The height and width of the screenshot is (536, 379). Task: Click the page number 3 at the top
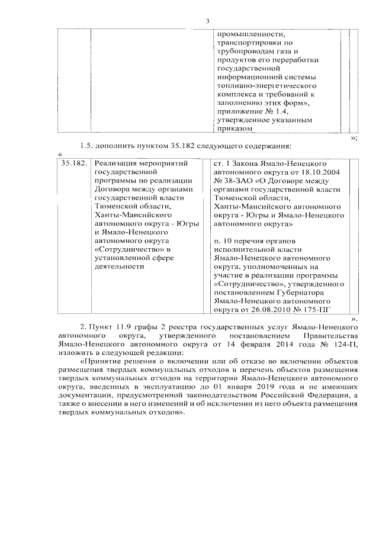coord(207,22)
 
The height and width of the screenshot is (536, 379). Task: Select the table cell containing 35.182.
coord(74,163)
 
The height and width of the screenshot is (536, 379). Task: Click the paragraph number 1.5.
coord(88,146)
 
